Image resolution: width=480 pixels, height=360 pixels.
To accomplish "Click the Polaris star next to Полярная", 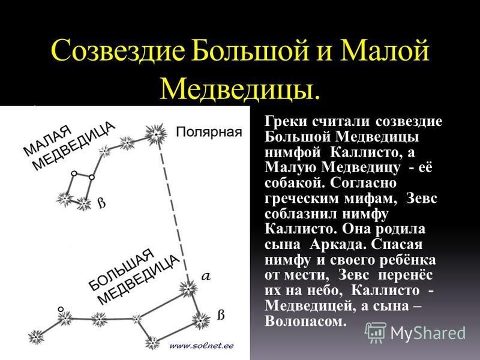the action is coord(156,134).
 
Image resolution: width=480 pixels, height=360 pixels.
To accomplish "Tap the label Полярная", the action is coord(209,132).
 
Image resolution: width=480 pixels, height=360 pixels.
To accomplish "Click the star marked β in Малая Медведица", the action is coord(83,203).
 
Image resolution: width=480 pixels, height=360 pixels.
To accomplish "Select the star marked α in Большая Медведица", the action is coord(188,289).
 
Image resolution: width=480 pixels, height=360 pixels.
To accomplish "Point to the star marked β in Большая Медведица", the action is coord(201,321).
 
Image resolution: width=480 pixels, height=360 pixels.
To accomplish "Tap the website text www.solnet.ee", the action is coord(202,346).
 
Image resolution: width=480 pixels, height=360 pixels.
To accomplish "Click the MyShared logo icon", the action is coord(376,332).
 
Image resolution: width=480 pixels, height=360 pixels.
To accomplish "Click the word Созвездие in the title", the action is coord(118,50).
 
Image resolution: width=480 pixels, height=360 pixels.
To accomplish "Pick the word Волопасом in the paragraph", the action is coord(305,321).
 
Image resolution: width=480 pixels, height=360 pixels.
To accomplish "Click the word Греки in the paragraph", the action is coord(286,122).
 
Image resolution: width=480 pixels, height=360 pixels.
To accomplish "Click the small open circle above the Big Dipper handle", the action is coord(61,310).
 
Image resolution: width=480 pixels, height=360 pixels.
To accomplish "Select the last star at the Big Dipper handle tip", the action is coord(36,337).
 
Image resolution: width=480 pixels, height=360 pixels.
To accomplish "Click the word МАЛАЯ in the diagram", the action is coord(48,140).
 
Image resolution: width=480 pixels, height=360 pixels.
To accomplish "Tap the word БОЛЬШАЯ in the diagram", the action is coord(122,269).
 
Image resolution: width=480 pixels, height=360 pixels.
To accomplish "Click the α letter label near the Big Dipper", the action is coord(206,277).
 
